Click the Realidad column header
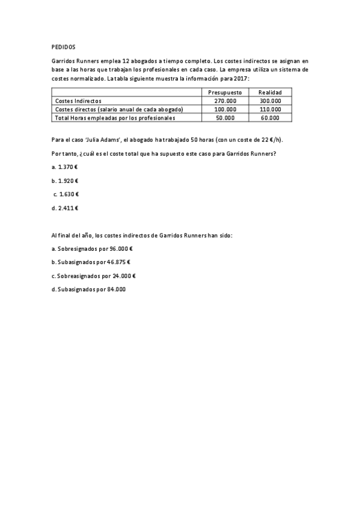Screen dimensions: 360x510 pos(270,92)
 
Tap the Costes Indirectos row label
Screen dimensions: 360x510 pos(78,100)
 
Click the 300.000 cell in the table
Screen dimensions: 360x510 pos(270,100)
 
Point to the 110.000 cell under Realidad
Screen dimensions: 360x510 pos(270,109)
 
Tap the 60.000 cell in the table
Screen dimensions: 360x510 pos(270,118)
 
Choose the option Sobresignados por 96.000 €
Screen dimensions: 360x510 pos(92,248)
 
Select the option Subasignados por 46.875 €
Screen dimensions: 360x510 pos(91,262)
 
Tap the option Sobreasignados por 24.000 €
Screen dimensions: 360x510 pos(94,275)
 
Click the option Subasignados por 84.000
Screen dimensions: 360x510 pos(89,289)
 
